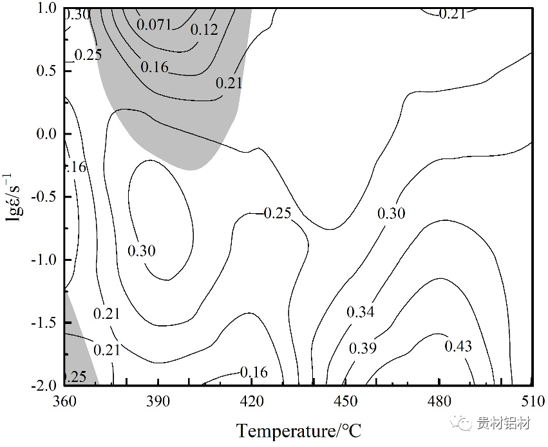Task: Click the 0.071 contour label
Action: pyautogui.click(x=155, y=24)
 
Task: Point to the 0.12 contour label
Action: pyautogui.click(x=204, y=29)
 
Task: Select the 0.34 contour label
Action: pyautogui.click(x=360, y=312)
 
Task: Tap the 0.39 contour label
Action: pyautogui.click(x=363, y=348)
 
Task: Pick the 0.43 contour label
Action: pyautogui.click(x=458, y=347)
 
